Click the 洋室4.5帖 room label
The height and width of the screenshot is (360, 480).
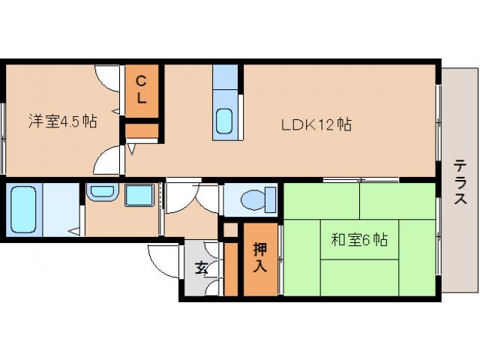pyautogui.click(x=62, y=120)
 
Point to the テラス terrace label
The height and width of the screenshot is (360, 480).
pyautogui.click(x=460, y=183)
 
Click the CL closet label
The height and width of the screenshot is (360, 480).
pyautogui.click(x=142, y=88)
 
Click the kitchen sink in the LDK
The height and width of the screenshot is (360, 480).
pyautogui.click(x=225, y=121)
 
